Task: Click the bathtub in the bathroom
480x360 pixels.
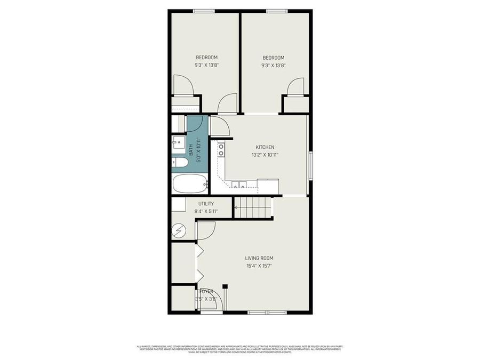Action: click(190, 184)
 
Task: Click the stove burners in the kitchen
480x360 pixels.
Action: click(221, 149)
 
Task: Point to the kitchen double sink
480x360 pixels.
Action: click(238, 186)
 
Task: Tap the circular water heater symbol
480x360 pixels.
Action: click(179, 230)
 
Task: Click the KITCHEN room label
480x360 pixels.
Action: click(265, 147)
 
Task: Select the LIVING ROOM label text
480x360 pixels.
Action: click(260, 258)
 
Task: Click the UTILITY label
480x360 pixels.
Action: click(206, 204)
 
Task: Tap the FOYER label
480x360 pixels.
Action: click(206, 291)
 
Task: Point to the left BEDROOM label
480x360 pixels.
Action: click(206, 58)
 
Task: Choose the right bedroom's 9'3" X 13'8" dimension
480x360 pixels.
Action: click(273, 66)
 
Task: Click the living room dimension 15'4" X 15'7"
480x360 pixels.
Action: click(260, 266)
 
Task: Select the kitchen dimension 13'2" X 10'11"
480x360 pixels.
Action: click(265, 155)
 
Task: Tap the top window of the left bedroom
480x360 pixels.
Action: click(204, 11)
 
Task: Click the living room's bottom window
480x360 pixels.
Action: click(267, 312)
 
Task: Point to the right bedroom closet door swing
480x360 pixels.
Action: click(296, 86)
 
